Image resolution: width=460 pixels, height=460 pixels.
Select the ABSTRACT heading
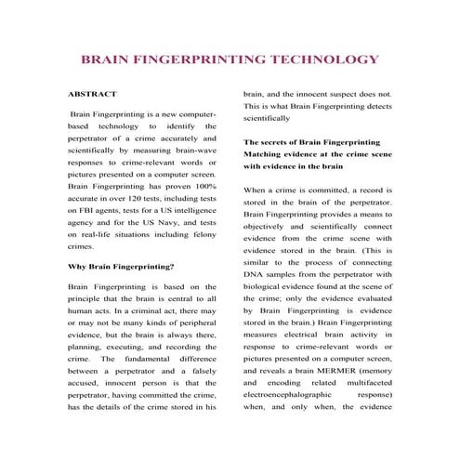click(x=93, y=95)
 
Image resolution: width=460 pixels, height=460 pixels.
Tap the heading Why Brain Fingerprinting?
click(x=121, y=267)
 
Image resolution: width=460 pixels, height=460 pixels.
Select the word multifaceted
click(x=366, y=382)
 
